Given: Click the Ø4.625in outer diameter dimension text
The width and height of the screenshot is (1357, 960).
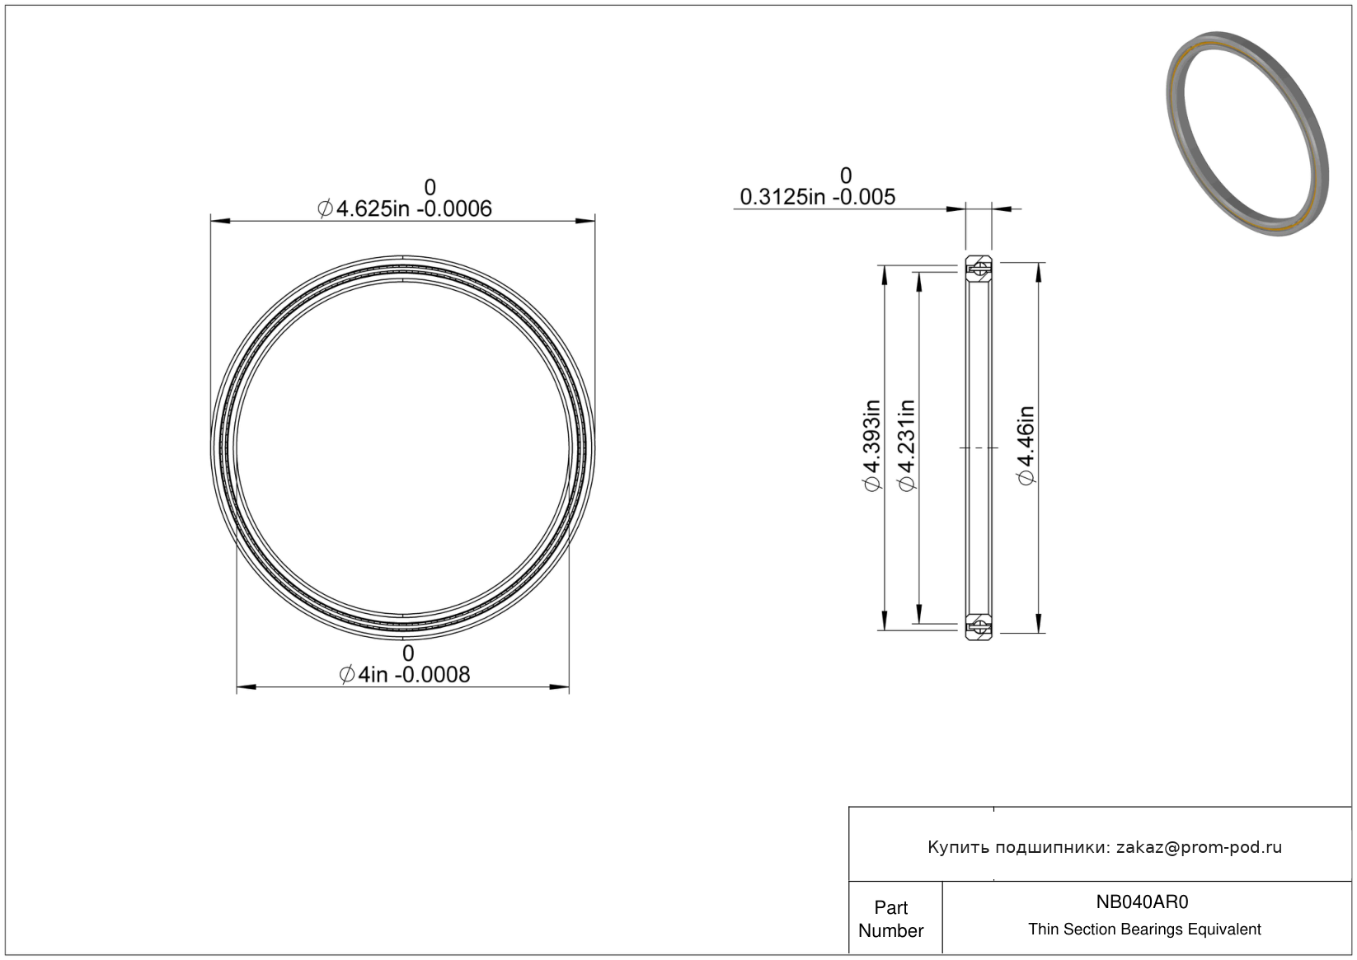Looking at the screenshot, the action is [404, 209].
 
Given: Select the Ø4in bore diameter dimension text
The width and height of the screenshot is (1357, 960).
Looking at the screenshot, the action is [404, 675].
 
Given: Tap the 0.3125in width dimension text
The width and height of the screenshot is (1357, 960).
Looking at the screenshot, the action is [817, 198].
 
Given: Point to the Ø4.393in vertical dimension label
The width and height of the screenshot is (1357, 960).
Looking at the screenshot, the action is [871, 446].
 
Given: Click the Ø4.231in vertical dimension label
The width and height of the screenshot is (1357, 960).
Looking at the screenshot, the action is [906, 446].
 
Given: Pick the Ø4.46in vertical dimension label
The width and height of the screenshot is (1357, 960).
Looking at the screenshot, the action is [1026, 446].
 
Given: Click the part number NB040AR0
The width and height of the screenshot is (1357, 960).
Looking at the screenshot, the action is [1142, 901].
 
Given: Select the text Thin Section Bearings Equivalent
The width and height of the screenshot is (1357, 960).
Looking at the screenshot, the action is [1144, 930].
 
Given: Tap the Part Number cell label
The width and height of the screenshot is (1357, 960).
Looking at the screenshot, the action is [890, 919].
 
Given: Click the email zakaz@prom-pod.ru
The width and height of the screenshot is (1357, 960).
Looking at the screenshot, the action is [1199, 847].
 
